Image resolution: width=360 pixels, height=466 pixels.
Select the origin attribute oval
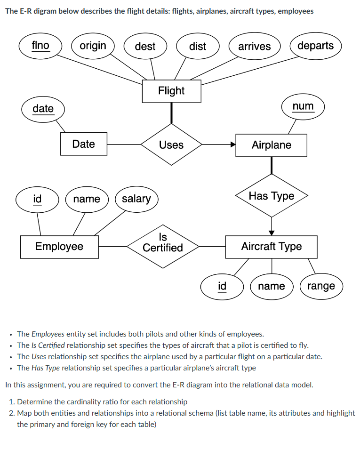(93, 46)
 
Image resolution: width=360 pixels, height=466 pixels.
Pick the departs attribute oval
(315, 46)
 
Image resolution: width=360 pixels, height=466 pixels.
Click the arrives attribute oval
(254, 46)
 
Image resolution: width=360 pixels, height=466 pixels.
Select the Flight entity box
(171, 91)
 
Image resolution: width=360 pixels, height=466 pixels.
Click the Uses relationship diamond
(171, 145)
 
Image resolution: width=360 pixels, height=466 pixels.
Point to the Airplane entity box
(271, 145)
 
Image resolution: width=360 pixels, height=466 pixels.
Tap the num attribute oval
(303, 106)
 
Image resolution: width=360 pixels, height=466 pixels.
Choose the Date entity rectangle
(84, 144)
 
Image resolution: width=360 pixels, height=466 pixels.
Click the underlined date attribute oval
(43, 109)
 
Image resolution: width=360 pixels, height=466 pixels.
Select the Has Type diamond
(272, 195)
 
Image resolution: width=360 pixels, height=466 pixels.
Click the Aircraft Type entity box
(271, 246)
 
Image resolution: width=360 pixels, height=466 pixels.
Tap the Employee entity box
(59, 246)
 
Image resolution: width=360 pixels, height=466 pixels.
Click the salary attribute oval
(136, 199)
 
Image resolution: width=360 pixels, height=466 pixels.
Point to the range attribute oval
(321, 286)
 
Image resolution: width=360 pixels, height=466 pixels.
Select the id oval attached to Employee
(37, 199)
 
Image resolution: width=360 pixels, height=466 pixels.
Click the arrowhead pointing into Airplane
(232, 145)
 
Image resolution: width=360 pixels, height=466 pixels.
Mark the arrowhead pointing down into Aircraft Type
(272, 232)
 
